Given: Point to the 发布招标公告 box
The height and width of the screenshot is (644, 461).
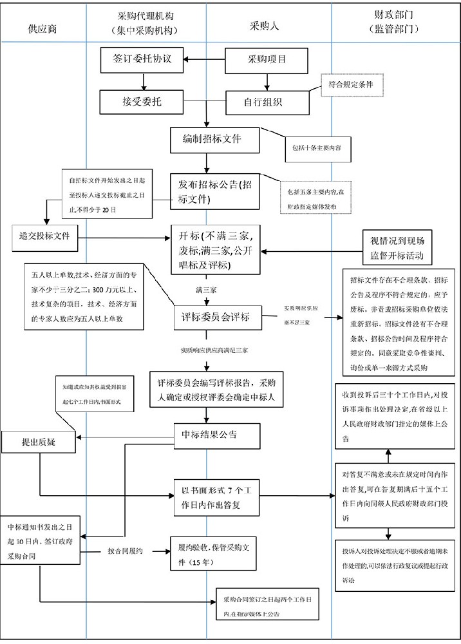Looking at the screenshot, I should point(215,191).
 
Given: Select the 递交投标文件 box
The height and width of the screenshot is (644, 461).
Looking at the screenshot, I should point(44,236).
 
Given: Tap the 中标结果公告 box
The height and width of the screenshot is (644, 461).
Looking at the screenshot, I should point(215,435).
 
